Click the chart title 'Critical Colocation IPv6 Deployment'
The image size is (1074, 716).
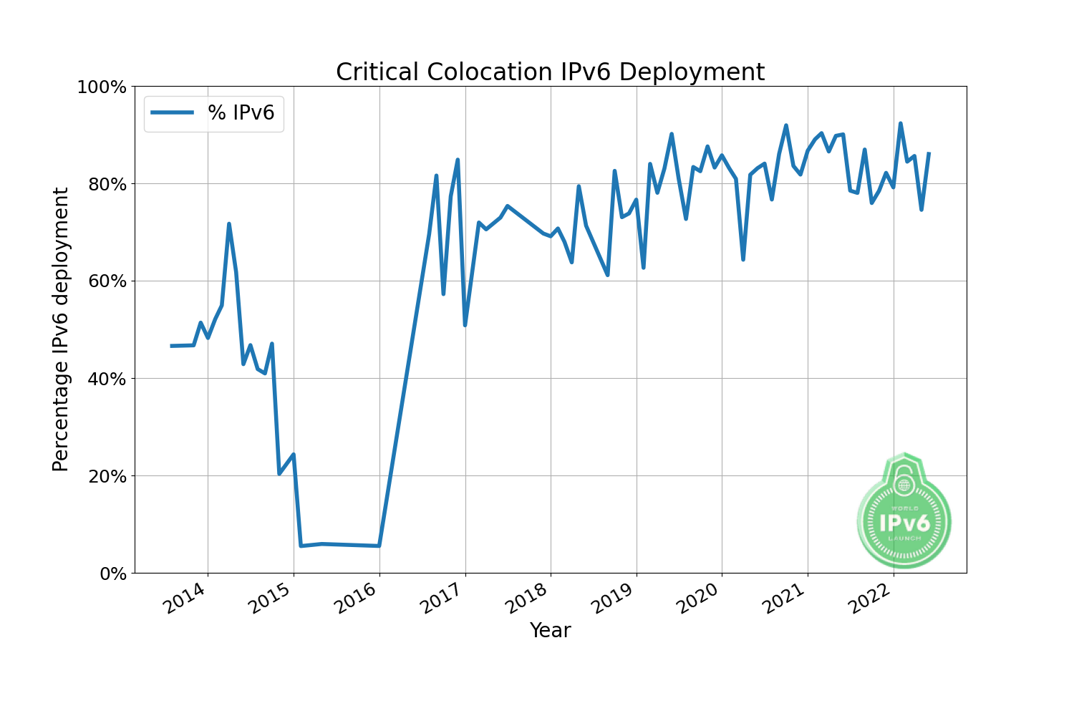tap(550, 72)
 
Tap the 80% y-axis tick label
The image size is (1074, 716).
tap(106, 185)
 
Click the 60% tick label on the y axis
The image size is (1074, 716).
tap(106, 281)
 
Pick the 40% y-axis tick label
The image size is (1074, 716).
tap(106, 379)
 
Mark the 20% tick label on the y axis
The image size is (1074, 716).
tap(106, 476)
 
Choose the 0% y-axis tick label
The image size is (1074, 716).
tap(111, 574)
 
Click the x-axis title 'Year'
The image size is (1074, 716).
tap(550, 631)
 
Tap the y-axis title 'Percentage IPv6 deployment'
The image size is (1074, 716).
tap(62, 329)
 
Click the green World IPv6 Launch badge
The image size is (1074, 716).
tap(904, 511)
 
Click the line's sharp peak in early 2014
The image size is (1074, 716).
tap(229, 224)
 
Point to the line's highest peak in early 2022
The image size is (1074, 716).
tap(901, 124)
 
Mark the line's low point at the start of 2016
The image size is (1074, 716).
tap(379, 546)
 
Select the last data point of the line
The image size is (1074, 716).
tap(929, 153)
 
